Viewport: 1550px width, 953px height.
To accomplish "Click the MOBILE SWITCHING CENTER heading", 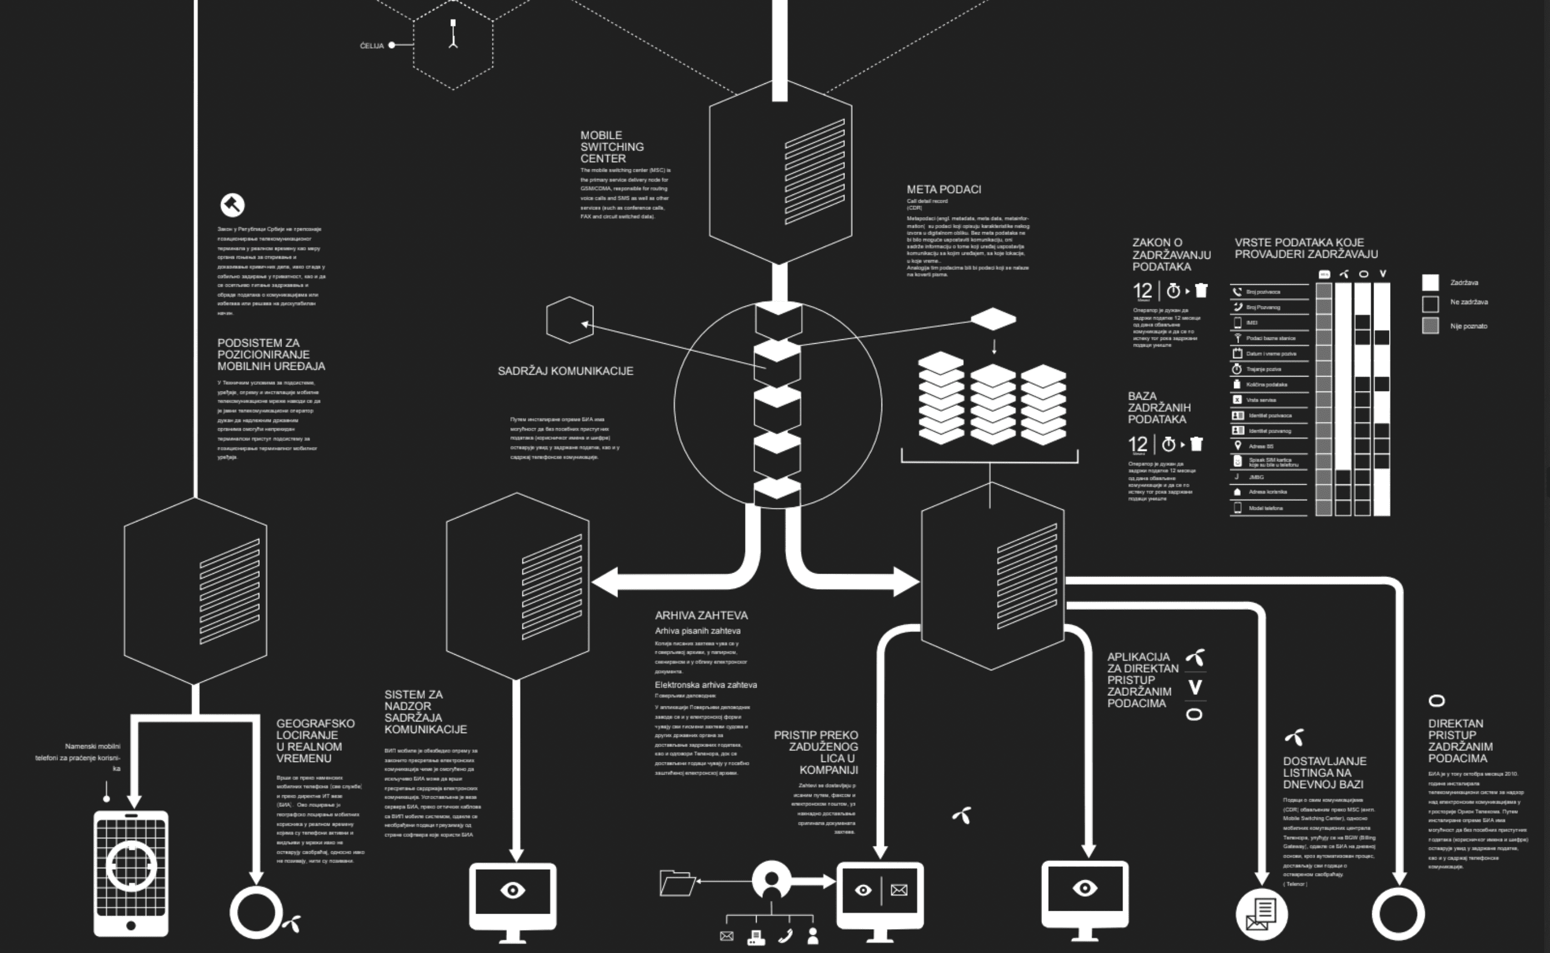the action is (612, 147).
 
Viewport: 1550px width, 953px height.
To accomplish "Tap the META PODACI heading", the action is (943, 189).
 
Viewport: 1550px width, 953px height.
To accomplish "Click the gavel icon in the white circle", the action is (233, 205).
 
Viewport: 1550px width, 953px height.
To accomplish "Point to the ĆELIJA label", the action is (372, 46).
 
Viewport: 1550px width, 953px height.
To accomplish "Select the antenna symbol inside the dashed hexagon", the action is (453, 34).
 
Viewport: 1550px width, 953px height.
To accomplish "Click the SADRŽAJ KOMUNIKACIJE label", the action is (565, 371).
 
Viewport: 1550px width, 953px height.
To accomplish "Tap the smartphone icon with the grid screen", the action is (131, 873).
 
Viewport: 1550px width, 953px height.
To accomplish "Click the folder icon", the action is (676, 882).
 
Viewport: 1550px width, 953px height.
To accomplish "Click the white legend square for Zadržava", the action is (1430, 282).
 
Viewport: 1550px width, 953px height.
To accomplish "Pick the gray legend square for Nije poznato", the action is (1430, 326).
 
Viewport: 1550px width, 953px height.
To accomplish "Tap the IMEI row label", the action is (1251, 323).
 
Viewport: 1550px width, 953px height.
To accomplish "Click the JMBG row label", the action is (1256, 477).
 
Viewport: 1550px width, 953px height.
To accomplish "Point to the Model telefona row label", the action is (1265, 508).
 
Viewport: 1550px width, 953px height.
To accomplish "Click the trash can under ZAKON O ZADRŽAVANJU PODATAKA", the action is (1201, 290).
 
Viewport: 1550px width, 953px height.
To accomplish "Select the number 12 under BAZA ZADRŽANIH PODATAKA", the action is (1138, 444).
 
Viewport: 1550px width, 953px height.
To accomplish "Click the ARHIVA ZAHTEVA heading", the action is (701, 615).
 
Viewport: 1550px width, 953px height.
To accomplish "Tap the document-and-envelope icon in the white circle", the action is (1261, 913).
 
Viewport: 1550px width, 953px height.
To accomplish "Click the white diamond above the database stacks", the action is (993, 319).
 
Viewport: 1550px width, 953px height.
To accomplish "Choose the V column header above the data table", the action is (1383, 274).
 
